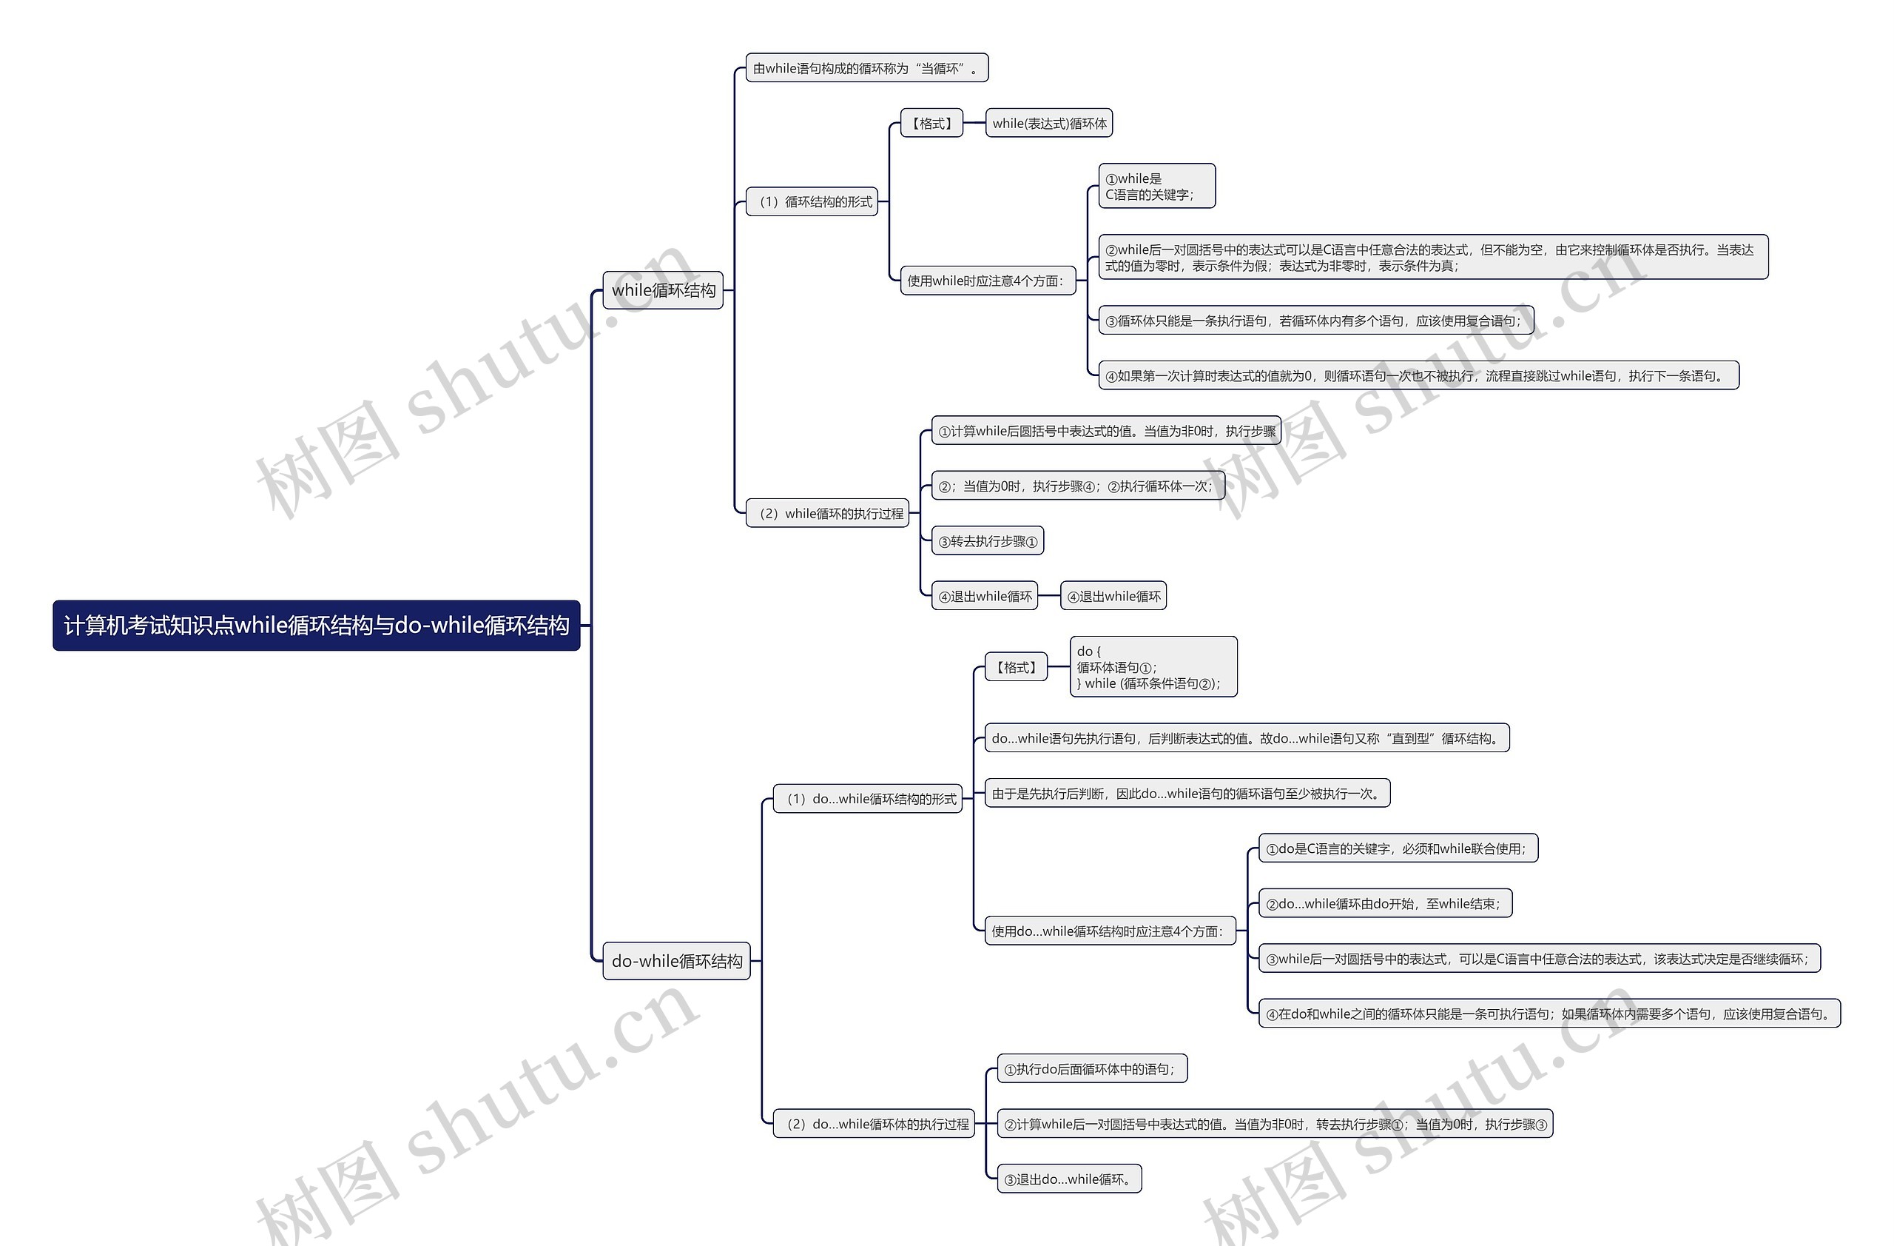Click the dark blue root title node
click(x=316, y=626)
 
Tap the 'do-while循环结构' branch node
click(x=676, y=961)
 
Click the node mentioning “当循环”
click(x=866, y=68)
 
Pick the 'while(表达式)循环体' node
click(x=1049, y=124)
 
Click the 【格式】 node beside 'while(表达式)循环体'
click(x=931, y=124)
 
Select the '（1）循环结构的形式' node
click(x=812, y=202)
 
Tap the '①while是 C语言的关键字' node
click(x=1156, y=187)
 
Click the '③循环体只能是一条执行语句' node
click(x=1315, y=321)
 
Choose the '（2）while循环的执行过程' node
click(x=828, y=514)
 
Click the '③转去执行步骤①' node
click(x=988, y=541)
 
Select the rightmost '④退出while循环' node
click(x=1113, y=596)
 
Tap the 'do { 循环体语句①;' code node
click(x=1153, y=667)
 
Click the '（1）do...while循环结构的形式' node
click(x=867, y=799)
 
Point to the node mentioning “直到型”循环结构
click(x=1246, y=738)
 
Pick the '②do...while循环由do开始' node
click(x=1385, y=904)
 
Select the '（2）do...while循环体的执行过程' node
click(x=874, y=1124)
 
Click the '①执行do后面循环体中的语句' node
click(x=1092, y=1069)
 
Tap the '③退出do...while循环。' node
click(x=1070, y=1179)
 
